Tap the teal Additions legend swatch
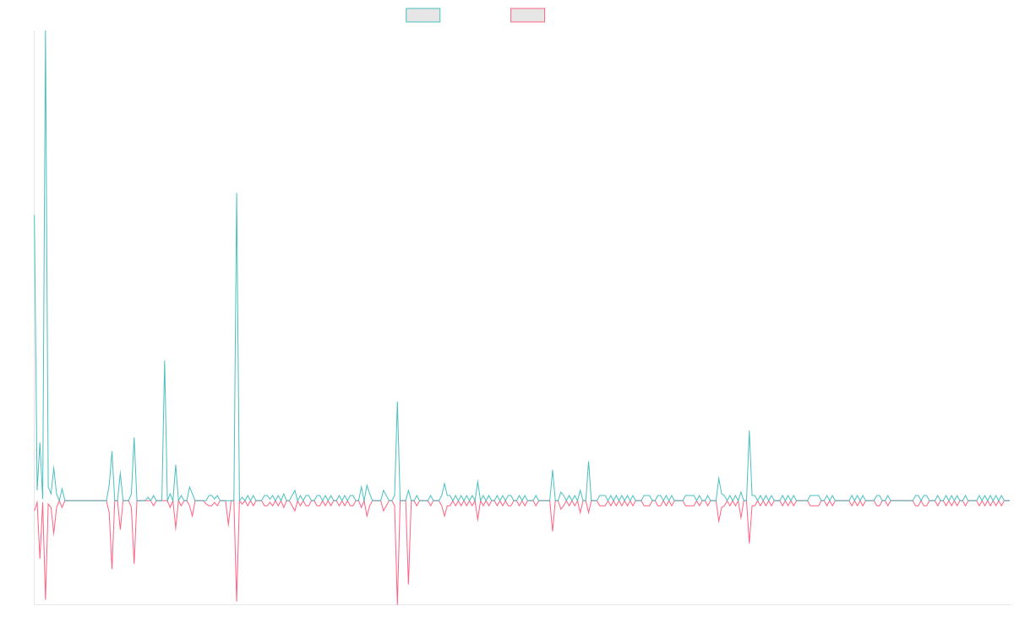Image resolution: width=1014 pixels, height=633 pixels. pos(423,15)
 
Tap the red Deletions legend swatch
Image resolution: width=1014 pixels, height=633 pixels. pos(528,15)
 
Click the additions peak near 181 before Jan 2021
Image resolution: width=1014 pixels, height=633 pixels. pos(237,193)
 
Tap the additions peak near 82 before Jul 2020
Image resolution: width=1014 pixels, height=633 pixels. pos(165,361)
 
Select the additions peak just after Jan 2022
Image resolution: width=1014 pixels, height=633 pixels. pos(396,402)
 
